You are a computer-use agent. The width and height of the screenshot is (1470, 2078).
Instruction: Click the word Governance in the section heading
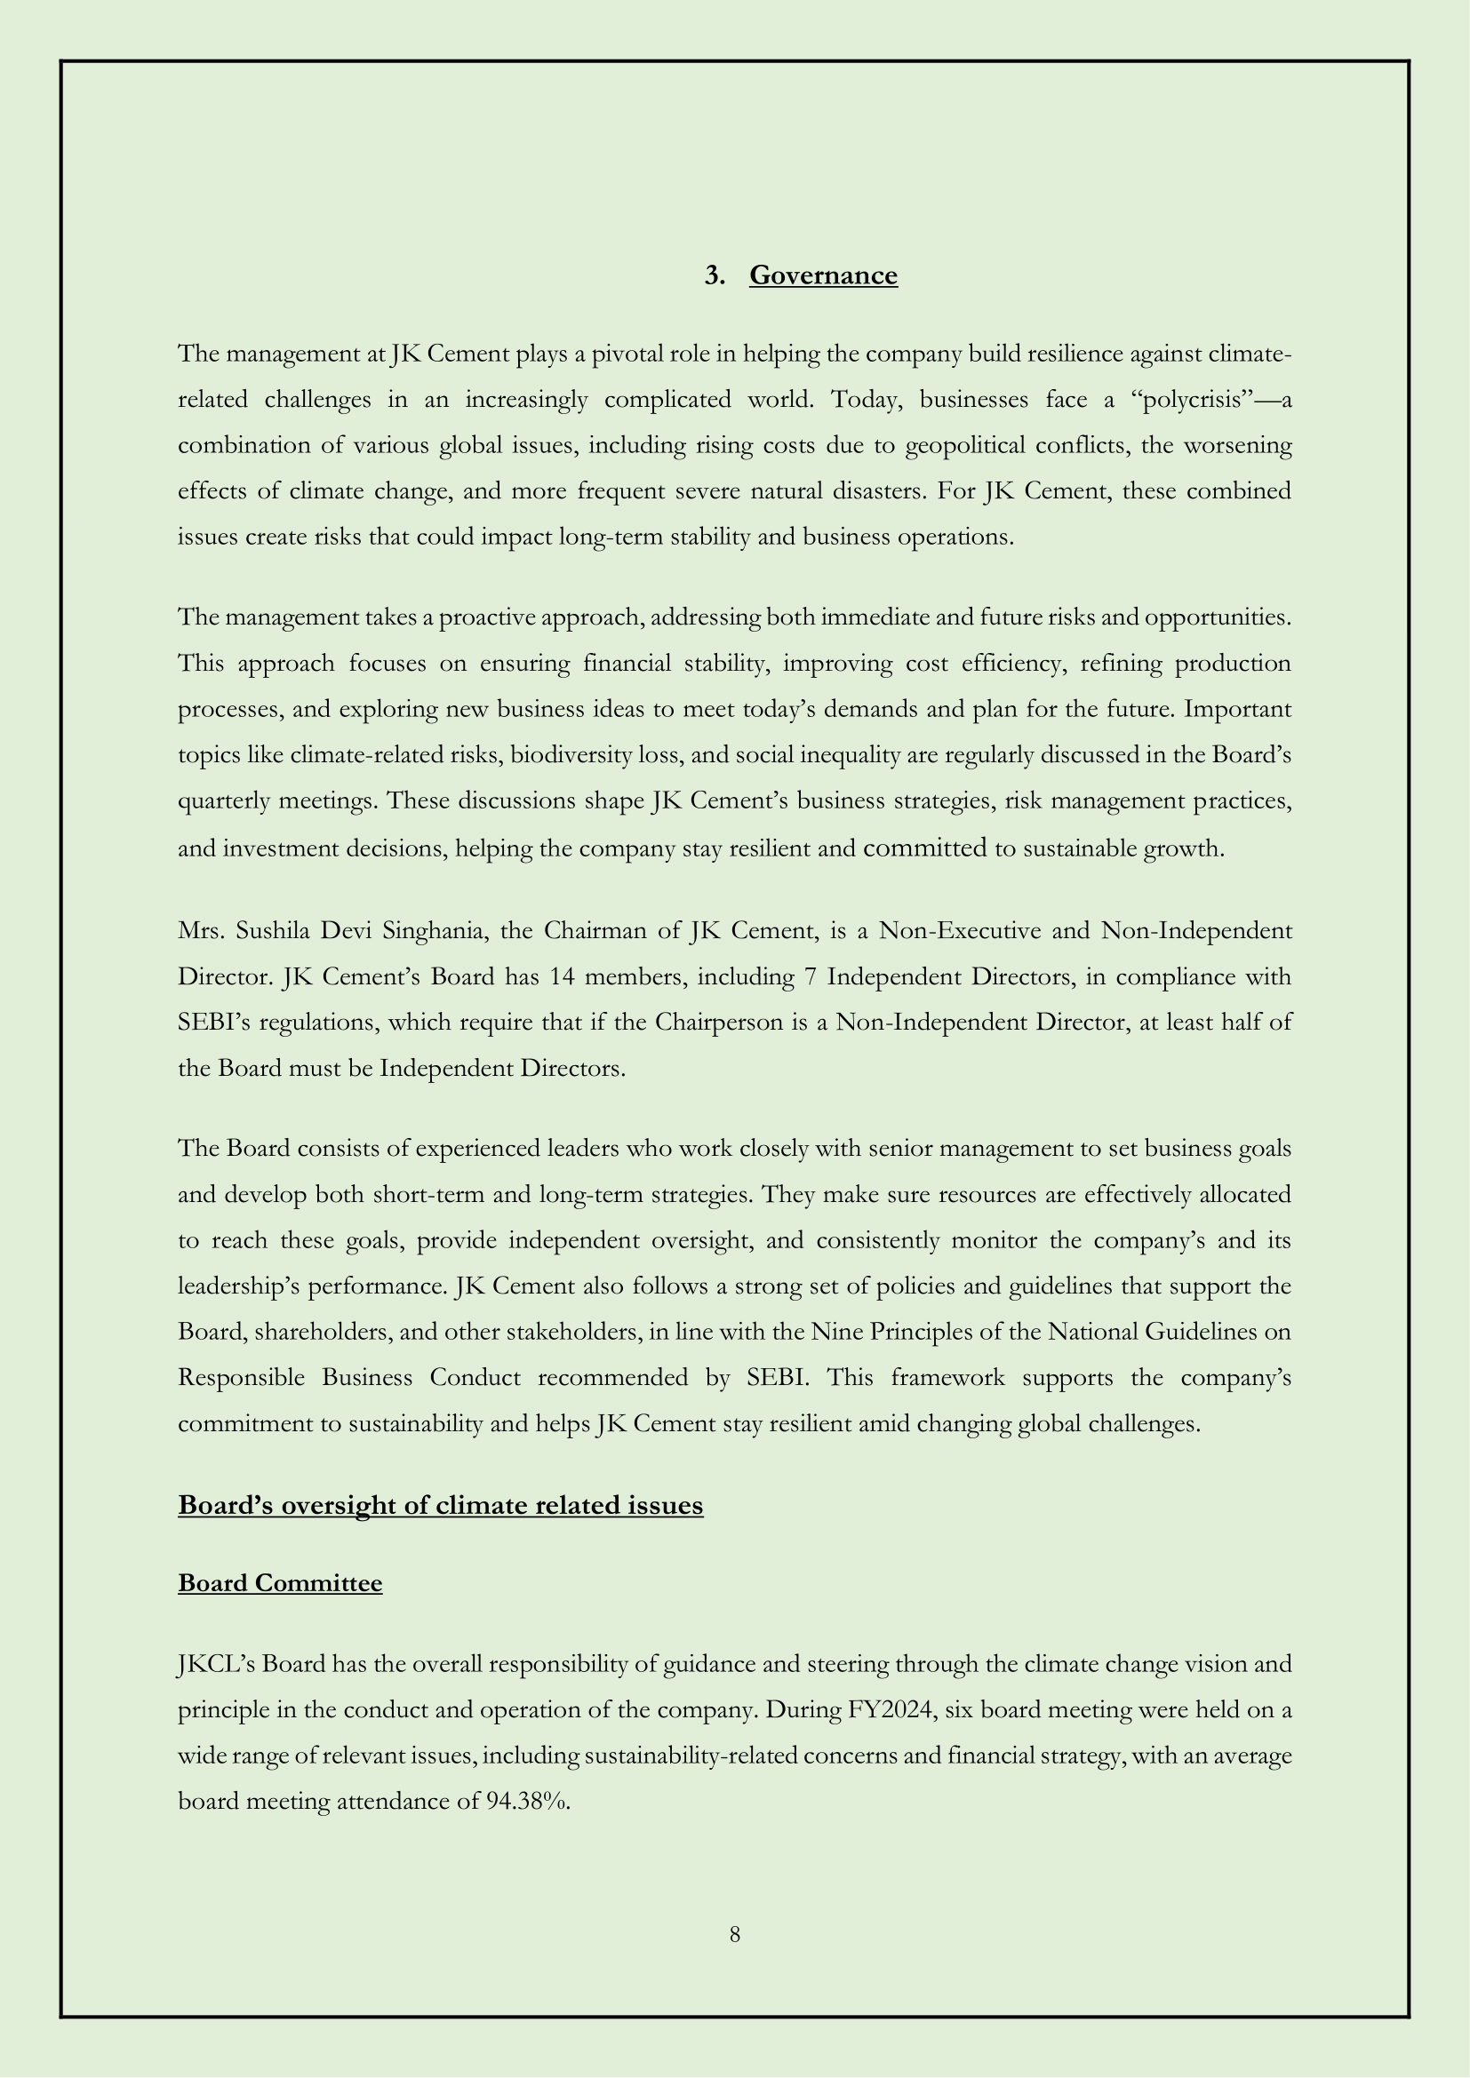point(823,275)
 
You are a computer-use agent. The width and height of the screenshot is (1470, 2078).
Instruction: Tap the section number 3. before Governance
point(715,275)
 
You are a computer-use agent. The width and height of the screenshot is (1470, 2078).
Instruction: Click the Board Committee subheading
point(280,1583)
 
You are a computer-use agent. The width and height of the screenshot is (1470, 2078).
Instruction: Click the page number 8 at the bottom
point(734,1935)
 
